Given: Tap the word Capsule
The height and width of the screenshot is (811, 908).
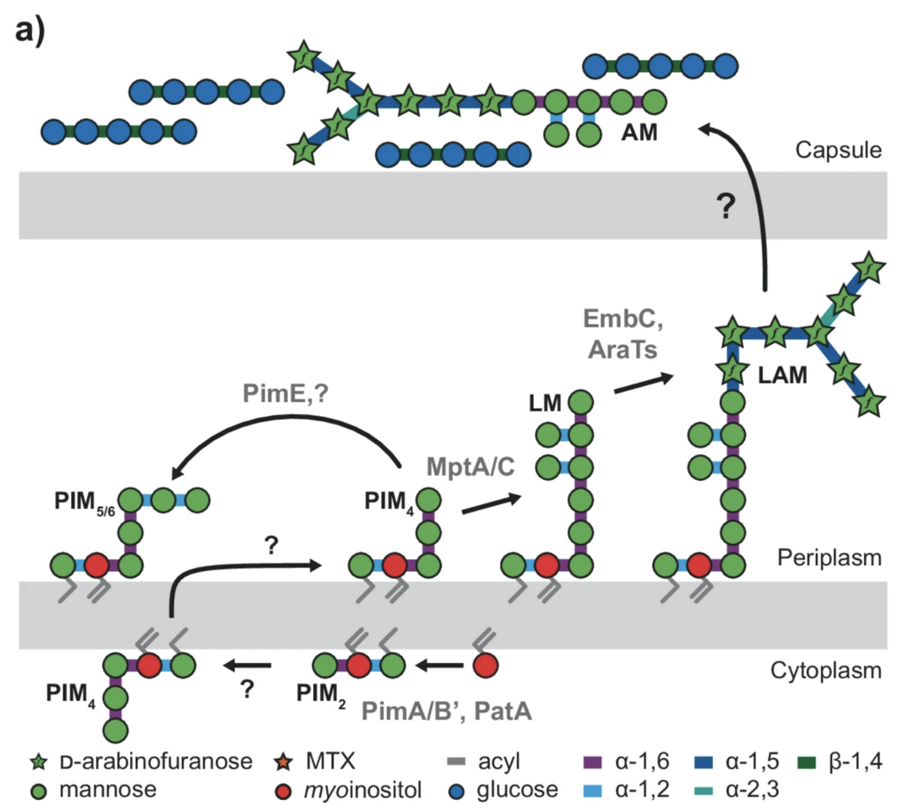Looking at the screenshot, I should click(839, 151).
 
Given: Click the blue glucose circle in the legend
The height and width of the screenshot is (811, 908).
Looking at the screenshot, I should click(457, 790).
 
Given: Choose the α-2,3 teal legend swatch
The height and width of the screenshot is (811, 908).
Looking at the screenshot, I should click(711, 790).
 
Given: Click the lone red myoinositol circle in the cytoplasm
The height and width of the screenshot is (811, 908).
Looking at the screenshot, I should click(483, 664).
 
